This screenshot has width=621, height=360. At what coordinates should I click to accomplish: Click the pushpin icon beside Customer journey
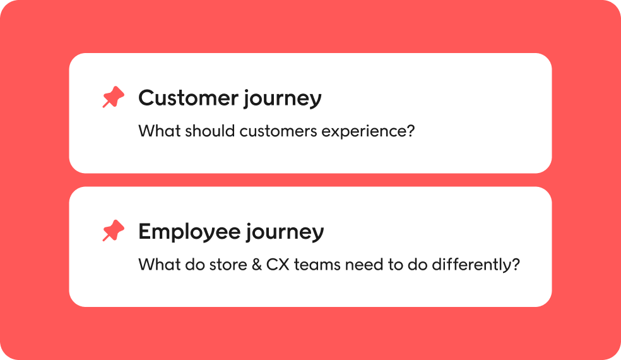pos(113,97)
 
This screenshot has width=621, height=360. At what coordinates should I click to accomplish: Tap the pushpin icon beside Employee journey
pos(113,231)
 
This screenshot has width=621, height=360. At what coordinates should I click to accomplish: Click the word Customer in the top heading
pos(188,98)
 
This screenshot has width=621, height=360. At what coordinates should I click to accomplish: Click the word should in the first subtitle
pos(210,131)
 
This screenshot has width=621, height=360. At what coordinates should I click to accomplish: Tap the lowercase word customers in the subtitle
pos(278,131)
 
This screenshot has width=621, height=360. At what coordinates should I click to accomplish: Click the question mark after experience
pos(410,131)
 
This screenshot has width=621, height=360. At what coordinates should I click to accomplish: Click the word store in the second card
pos(228,265)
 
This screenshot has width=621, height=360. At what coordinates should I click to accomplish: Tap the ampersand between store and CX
pos(257,265)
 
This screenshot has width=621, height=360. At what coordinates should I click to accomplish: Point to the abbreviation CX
pos(278,265)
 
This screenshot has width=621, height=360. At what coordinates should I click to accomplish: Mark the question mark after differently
pos(516,265)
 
